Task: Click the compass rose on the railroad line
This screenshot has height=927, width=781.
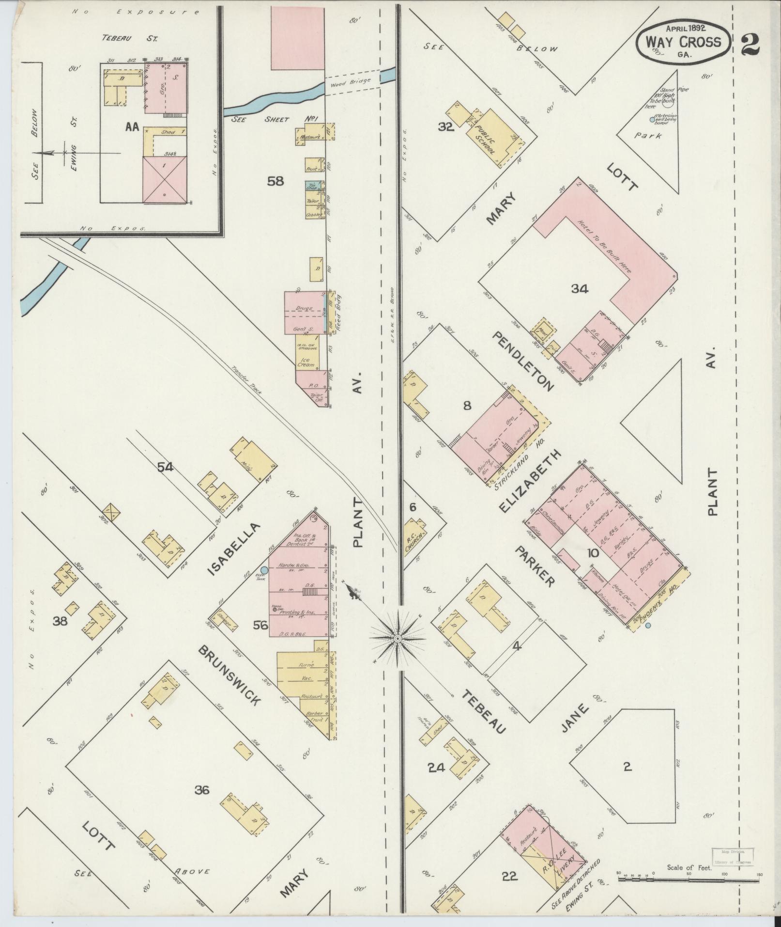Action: (398, 639)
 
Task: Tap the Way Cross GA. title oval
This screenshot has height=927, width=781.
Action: (683, 42)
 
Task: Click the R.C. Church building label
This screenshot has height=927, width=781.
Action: (414, 541)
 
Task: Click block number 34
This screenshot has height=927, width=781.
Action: (579, 289)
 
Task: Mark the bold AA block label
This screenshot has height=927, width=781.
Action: (132, 126)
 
